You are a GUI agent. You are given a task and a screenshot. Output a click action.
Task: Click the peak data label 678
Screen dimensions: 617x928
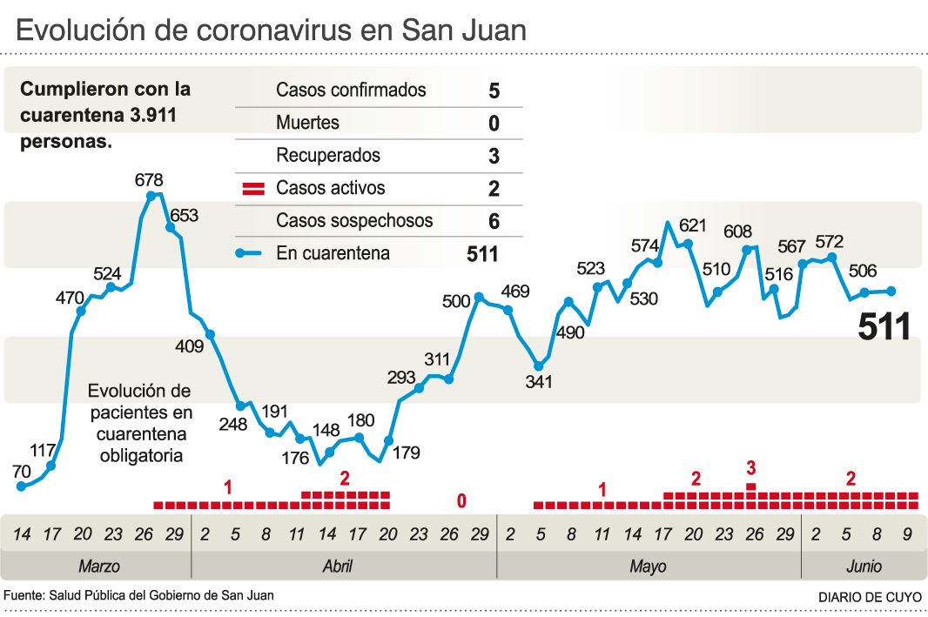pos(149,180)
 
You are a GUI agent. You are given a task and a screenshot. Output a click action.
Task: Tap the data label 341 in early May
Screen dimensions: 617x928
pos(540,381)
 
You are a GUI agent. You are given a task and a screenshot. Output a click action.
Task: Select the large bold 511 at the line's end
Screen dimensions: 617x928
pos(884,326)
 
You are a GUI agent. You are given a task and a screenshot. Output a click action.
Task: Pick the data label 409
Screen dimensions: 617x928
pos(189,346)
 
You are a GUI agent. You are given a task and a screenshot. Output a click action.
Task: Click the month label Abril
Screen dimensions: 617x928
pos(338,567)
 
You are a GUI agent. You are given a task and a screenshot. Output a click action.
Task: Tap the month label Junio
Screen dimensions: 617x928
pos(864,567)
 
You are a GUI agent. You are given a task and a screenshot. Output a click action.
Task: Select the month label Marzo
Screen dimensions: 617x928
pos(99,567)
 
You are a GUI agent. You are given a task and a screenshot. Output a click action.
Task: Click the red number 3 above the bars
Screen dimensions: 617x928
pos(751,468)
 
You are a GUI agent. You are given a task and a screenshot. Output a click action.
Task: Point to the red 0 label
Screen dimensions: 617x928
pos(462,500)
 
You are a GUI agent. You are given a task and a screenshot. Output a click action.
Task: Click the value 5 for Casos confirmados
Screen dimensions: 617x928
pos(494,91)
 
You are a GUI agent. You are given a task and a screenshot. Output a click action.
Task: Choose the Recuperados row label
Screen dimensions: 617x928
pos(328,156)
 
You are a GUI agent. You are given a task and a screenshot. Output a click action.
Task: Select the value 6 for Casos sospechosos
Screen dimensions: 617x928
pos(494,221)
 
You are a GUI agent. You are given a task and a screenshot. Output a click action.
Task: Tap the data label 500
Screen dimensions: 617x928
pos(456,302)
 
